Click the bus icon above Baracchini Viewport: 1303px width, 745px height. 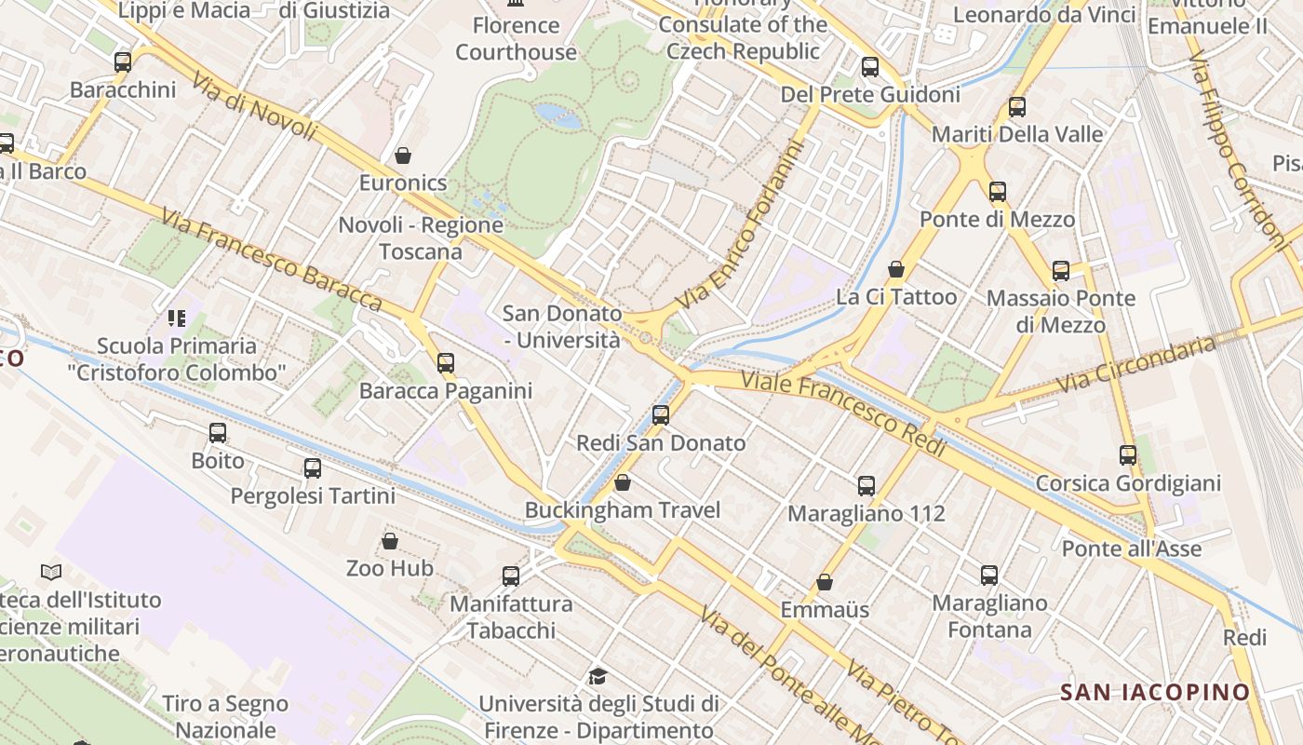click(x=123, y=62)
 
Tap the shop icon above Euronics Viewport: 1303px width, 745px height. click(x=403, y=155)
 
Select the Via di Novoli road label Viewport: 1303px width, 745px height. click(x=255, y=107)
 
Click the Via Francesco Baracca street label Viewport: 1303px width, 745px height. click(x=271, y=259)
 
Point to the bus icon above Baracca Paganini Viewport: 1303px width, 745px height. click(x=446, y=363)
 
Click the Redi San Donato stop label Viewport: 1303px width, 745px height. click(x=661, y=443)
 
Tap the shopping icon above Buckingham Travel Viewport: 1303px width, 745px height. click(x=623, y=482)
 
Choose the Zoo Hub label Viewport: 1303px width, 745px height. click(x=390, y=568)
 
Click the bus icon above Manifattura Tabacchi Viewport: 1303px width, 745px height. click(x=511, y=576)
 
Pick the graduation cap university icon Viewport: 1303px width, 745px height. click(x=598, y=676)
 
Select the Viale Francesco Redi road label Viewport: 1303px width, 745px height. click(x=843, y=411)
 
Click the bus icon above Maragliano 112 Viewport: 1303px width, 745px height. click(x=866, y=485)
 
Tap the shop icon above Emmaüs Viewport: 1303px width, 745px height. click(x=825, y=583)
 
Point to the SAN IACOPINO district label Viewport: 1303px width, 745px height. click(x=1155, y=692)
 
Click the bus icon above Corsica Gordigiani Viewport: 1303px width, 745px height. click(x=1128, y=455)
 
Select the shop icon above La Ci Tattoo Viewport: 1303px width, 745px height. click(x=896, y=269)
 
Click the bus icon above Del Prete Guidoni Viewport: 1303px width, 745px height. click(x=870, y=67)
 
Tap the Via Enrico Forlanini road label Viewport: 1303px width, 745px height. click(x=740, y=226)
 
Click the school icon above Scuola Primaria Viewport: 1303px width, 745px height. click(x=177, y=318)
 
